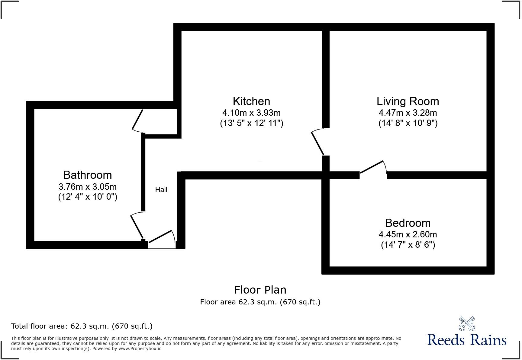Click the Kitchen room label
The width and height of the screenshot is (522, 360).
[x=251, y=101]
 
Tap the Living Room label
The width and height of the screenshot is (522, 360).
[x=408, y=101]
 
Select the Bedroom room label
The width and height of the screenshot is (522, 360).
[x=408, y=223]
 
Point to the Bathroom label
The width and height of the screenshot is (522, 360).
[x=88, y=175]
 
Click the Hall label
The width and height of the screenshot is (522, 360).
[x=161, y=190]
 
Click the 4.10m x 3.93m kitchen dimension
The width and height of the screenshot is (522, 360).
[x=251, y=113]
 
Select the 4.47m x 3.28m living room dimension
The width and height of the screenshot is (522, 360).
[x=408, y=113]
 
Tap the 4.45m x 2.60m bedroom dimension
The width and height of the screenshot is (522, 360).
[x=408, y=234]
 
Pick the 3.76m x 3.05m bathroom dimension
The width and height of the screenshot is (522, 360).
[x=88, y=187]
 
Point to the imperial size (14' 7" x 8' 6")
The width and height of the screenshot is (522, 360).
[x=408, y=245]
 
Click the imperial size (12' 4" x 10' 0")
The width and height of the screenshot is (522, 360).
[x=88, y=197]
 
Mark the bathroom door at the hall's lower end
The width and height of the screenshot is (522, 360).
[x=137, y=226]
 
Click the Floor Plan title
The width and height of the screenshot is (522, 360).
[x=260, y=290]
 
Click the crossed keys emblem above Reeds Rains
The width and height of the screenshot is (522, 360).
[x=467, y=323]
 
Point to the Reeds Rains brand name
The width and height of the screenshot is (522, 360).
[x=467, y=340]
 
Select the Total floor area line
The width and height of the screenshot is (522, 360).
[x=82, y=326]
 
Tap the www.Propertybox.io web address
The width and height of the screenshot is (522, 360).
[x=140, y=349]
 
